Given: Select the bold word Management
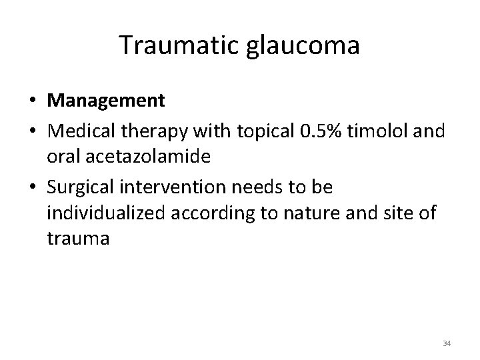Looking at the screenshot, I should [106, 101].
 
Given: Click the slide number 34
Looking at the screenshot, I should [446, 343].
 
